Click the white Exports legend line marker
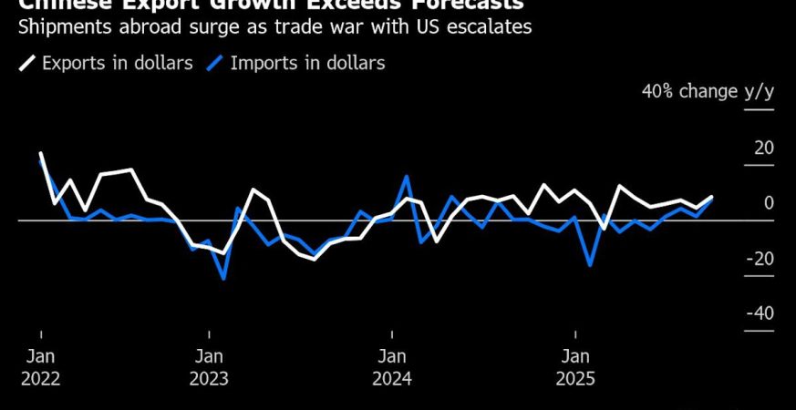(x=26, y=64)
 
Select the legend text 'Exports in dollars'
(x=117, y=64)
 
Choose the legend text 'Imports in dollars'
(x=307, y=64)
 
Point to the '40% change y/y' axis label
(x=708, y=91)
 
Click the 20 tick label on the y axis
(x=763, y=149)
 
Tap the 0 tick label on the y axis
(x=769, y=203)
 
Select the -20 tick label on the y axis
(x=760, y=259)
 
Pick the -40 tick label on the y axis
(x=760, y=313)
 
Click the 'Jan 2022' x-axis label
(x=41, y=367)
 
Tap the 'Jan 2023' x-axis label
(x=209, y=367)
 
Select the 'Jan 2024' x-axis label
(x=392, y=367)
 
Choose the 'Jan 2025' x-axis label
(x=574, y=367)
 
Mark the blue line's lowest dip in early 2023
(x=223, y=278)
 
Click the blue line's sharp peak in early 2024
(x=407, y=176)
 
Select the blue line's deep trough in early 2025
(x=591, y=265)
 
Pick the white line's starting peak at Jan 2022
(x=41, y=154)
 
